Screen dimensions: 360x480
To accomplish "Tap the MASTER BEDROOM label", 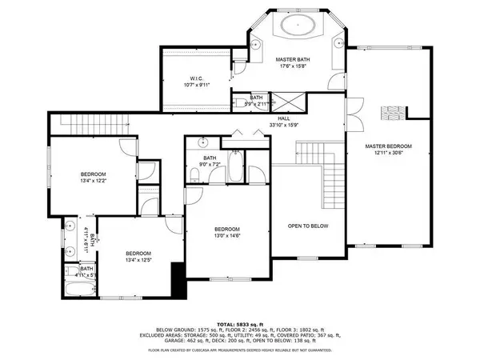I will pyautogui.click(x=388, y=146).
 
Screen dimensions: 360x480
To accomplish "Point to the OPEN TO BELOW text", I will pyautogui.click(x=308, y=226).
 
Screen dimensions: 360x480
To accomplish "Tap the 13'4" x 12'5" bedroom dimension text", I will pyautogui.click(x=139, y=260).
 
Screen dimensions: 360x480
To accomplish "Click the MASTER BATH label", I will pyautogui.click(x=294, y=60).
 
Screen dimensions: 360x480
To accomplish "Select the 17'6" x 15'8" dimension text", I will pyautogui.click(x=294, y=67).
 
